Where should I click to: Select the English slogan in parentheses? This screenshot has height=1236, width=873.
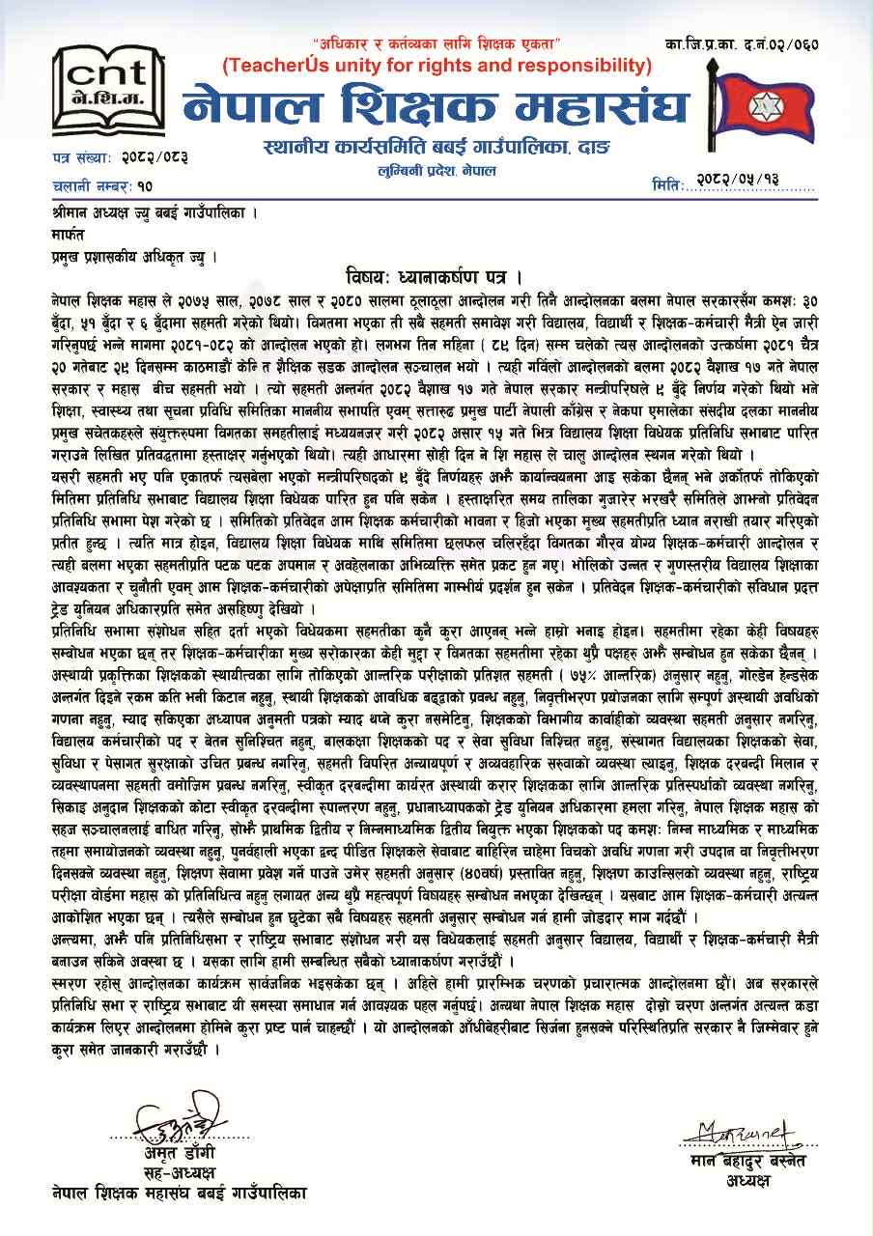437,66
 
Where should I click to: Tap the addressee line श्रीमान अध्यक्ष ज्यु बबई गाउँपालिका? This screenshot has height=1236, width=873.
155,211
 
